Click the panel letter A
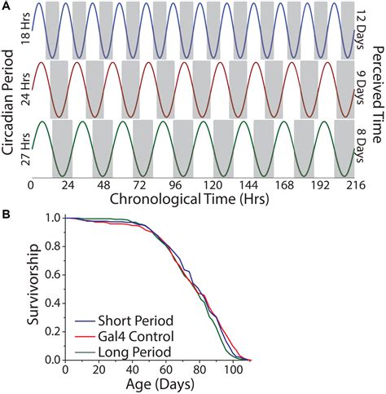coord(7,7)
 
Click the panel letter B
coord(7,215)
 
